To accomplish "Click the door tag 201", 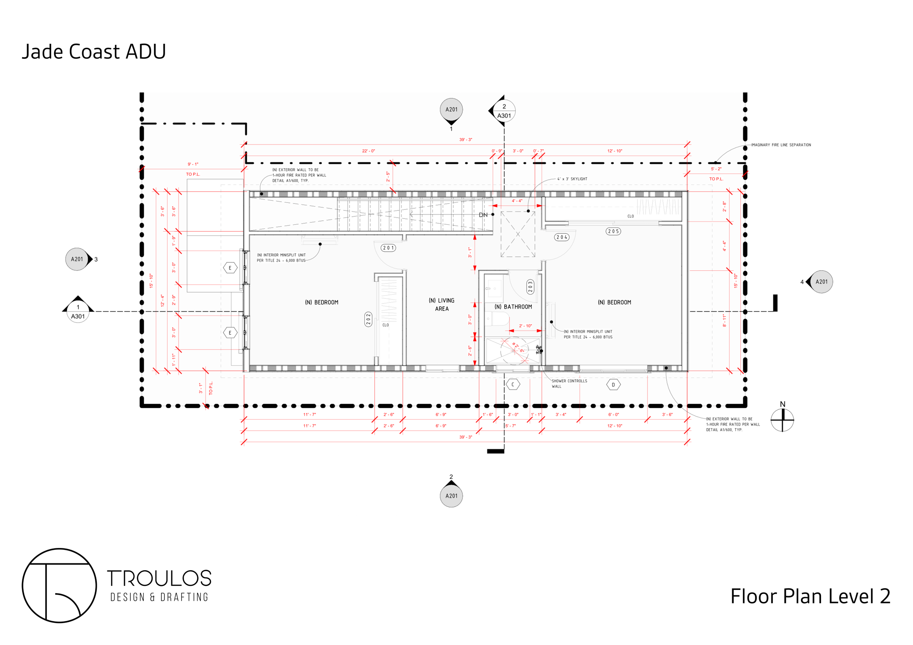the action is pyautogui.click(x=388, y=248).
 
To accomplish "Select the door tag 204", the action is pyautogui.click(x=561, y=237).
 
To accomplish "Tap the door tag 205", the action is pyautogui.click(x=613, y=231).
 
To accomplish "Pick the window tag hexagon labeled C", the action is pyautogui.click(x=513, y=385).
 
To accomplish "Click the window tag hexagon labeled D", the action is pyautogui.click(x=613, y=385).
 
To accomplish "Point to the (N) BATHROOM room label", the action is pyautogui.click(x=513, y=306).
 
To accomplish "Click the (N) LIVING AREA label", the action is pyautogui.click(x=442, y=305).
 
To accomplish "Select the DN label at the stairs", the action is pyautogui.click(x=483, y=215).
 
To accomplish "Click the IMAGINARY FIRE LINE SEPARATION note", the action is pyautogui.click(x=780, y=145).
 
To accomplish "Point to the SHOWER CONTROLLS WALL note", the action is pyautogui.click(x=569, y=384).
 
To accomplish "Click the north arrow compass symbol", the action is pyautogui.click(x=782, y=420).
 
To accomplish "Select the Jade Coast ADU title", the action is pyautogui.click(x=93, y=52).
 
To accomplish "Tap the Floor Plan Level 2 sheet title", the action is pyautogui.click(x=810, y=596).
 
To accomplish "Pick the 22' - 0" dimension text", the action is pyautogui.click(x=368, y=151).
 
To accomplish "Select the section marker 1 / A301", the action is pyautogui.click(x=78, y=311).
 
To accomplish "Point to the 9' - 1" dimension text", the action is pyautogui.click(x=193, y=164).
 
